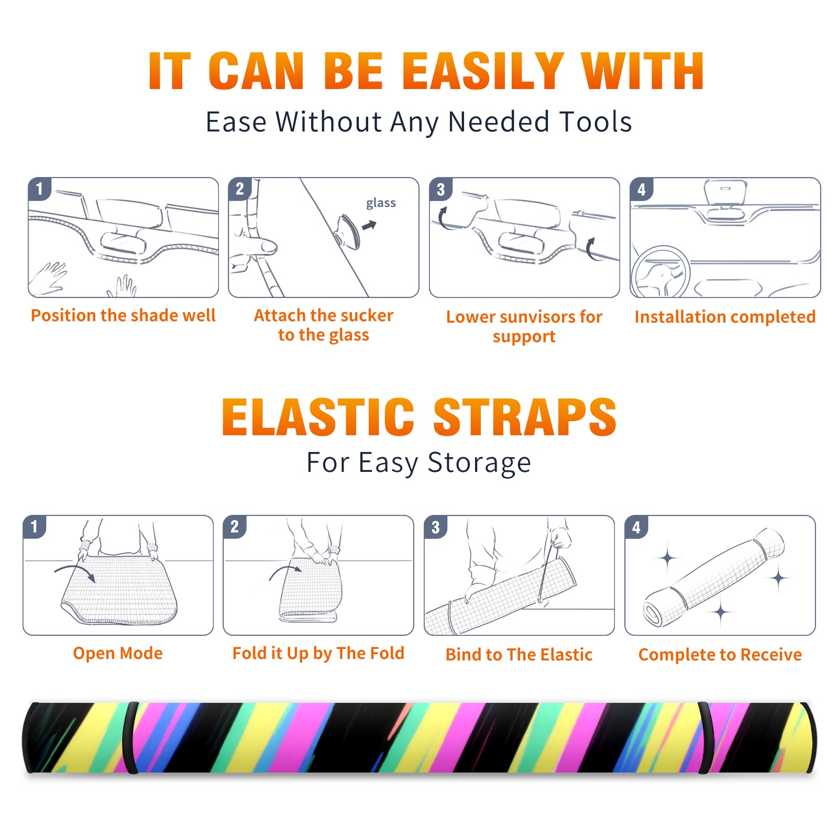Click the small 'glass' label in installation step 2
click(x=381, y=203)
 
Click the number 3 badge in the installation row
click(x=440, y=190)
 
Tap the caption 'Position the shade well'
click(x=123, y=315)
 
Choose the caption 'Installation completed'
click(x=725, y=316)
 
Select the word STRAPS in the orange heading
click(x=525, y=417)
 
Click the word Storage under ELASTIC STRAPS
click(x=479, y=463)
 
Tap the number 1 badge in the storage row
click(x=34, y=526)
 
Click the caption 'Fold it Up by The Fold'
click(x=318, y=653)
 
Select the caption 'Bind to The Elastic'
click(x=519, y=654)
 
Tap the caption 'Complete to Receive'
click(x=720, y=654)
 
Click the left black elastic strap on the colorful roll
click(x=130, y=737)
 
